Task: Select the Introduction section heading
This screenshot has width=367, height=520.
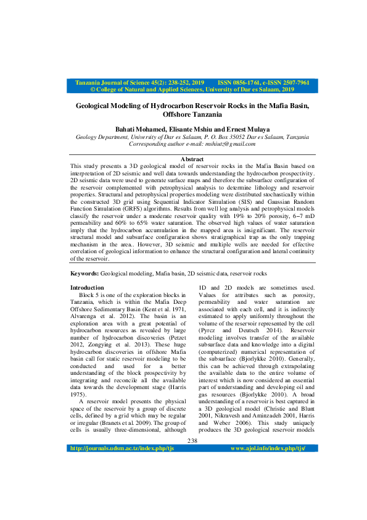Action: pos(87,288)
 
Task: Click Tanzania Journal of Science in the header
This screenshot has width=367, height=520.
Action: pos(120,82)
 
